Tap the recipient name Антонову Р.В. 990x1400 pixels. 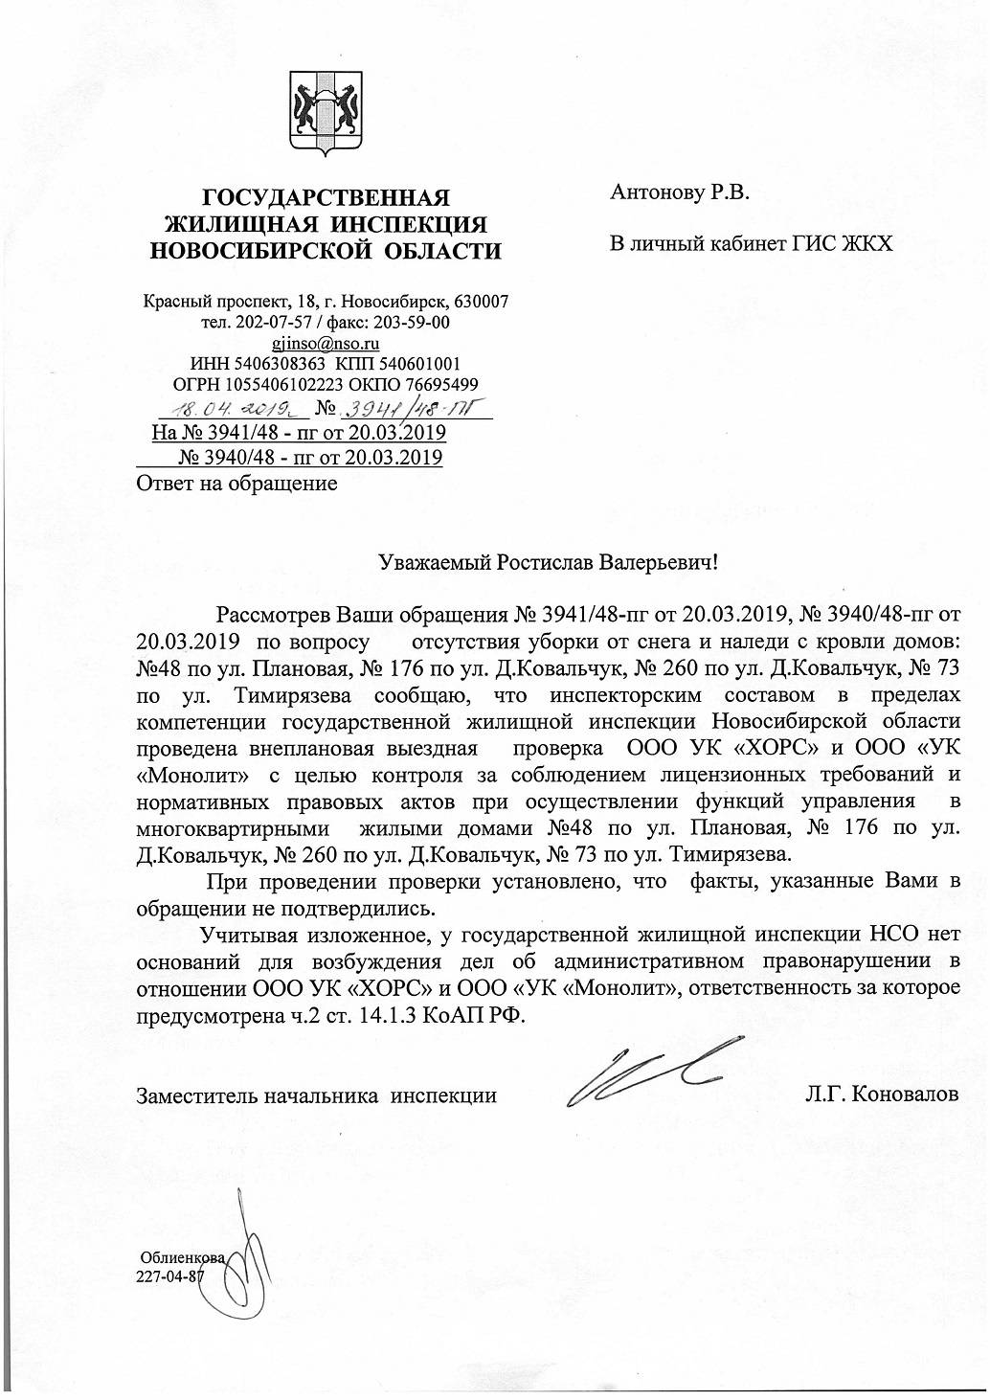[x=680, y=192]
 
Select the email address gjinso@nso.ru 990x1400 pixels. [x=326, y=342]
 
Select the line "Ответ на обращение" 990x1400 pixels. [x=237, y=483]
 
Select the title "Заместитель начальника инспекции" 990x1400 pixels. [x=317, y=1094]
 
